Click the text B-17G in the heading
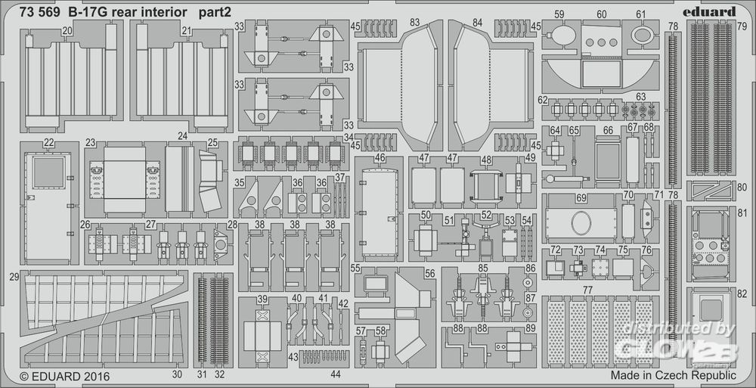coord(88,12)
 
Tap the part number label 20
coord(68,30)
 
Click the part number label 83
coord(415,24)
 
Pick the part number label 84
coord(477,24)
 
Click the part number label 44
coord(336,374)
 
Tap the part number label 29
coord(14,278)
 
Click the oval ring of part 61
coord(641,35)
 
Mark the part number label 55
coord(355,269)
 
